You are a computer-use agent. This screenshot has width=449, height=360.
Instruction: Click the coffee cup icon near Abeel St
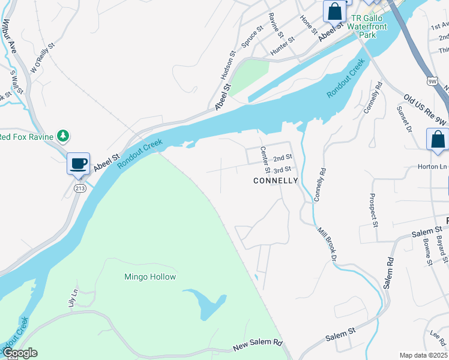(x=78, y=164)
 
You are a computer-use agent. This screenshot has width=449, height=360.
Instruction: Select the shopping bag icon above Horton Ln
(x=438, y=140)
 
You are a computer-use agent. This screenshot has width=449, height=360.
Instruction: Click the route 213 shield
(x=79, y=188)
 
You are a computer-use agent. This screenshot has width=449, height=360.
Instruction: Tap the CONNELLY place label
(x=276, y=181)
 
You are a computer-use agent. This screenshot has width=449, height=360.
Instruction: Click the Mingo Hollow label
(x=150, y=277)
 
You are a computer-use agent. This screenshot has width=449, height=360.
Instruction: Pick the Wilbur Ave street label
(x=8, y=37)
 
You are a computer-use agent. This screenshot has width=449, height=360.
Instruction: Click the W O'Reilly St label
(x=43, y=58)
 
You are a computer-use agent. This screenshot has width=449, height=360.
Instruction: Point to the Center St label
(x=265, y=161)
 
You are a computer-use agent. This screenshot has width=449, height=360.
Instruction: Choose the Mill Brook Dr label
(x=325, y=244)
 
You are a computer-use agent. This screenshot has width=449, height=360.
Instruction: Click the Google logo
(x=19, y=353)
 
